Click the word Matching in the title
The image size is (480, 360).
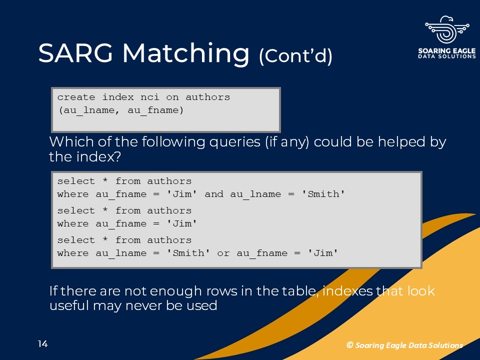coord(186,54)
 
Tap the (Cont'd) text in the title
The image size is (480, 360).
coord(295,56)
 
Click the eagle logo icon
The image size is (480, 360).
coord(447,29)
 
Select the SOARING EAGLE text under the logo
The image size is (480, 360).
coord(447,51)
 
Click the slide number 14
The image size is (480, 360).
coord(43,344)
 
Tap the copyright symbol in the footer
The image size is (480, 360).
coord(349,345)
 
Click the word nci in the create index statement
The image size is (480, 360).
coord(149,97)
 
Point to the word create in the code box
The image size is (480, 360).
coord(76,97)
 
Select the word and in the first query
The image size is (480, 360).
coord(214,194)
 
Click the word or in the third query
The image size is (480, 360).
coord(223,253)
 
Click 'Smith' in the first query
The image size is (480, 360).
coord(323,194)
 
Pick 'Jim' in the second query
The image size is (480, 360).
coord(182,223)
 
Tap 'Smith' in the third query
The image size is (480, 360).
coord(188,253)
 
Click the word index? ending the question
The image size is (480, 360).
coord(98,156)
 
